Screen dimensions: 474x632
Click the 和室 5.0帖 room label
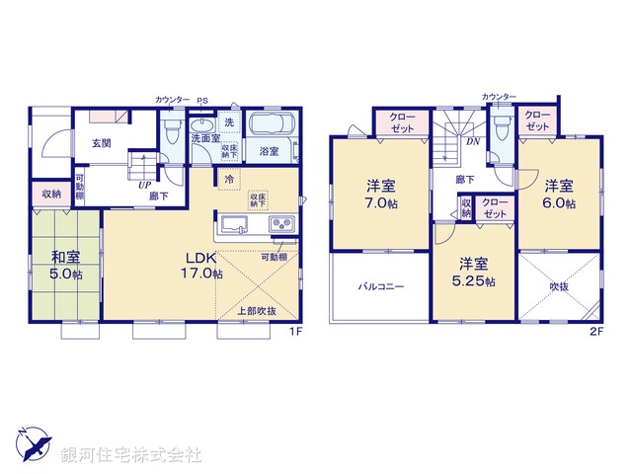[x=66, y=267]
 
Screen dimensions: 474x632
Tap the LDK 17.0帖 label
[x=199, y=266]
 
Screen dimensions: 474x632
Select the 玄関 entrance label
[x=102, y=143]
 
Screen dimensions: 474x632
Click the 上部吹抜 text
[x=258, y=311]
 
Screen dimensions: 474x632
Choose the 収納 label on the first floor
[x=51, y=194]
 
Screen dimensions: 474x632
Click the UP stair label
[x=144, y=185]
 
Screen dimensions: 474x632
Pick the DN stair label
[x=473, y=141]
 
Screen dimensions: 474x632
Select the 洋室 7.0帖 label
[x=380, y=194]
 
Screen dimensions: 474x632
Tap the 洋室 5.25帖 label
[x=472, y=272]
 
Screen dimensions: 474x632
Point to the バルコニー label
[x=379, y=286]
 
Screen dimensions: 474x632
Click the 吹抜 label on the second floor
[x=558, y=286]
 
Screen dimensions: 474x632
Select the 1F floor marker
[x=294, y=332]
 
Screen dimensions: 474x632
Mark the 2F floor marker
[x=595, y=330]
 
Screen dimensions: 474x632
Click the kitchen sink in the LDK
[x=236, y=223]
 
